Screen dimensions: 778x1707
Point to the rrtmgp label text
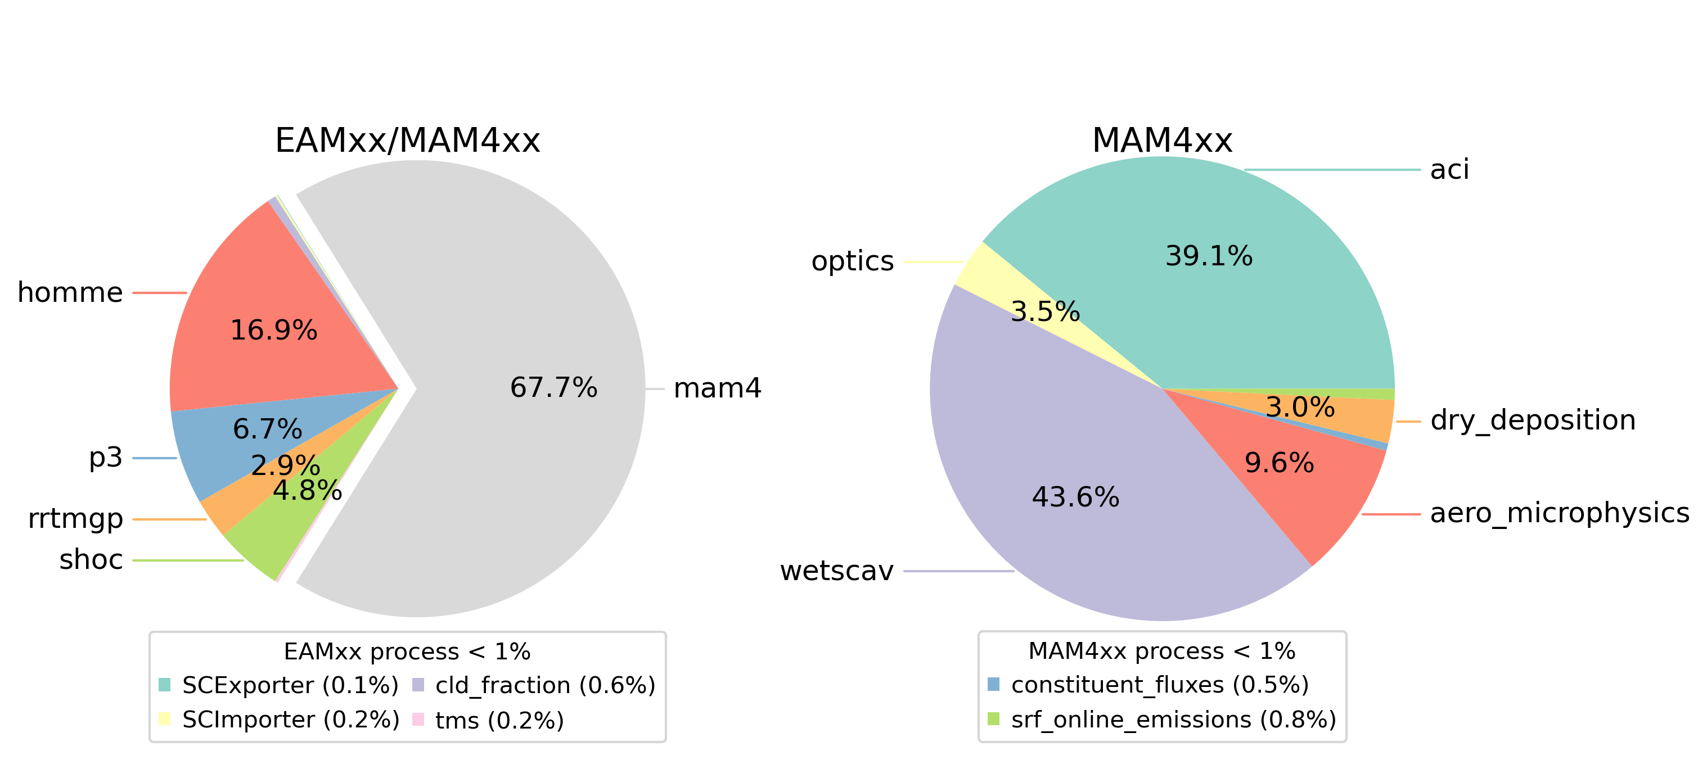[75, 519]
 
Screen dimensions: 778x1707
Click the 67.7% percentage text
[553, 388]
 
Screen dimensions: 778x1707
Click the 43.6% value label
[1075, 497]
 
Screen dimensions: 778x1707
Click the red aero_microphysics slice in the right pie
[1299, 490]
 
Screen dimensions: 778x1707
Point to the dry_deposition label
[1533, 420]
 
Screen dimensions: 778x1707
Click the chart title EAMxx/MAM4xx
[408, 141]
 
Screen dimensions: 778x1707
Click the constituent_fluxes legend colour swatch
[993, 685]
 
